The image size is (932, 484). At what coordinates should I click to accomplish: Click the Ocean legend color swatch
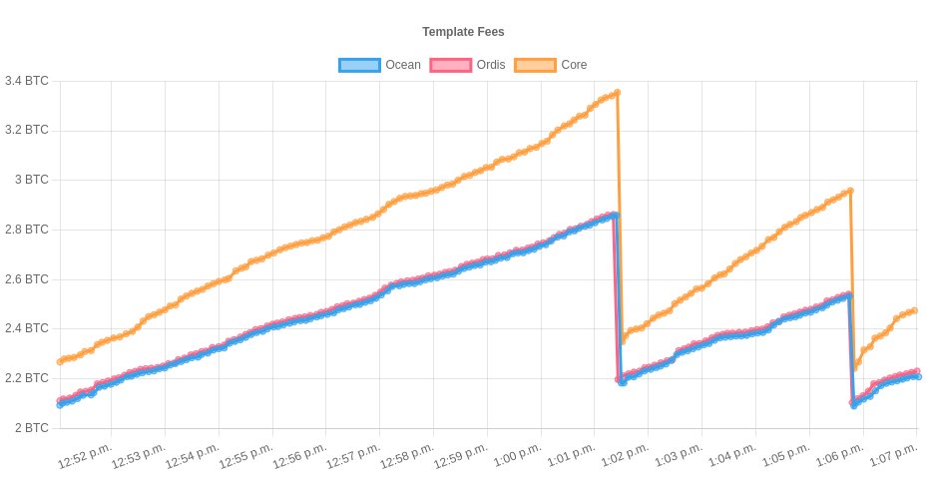pos(359,65)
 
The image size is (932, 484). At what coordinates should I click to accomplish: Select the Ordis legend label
pos(489,65)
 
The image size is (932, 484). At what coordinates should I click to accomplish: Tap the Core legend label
pos(573,65)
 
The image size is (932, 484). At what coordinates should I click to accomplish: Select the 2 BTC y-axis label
pos(32,428)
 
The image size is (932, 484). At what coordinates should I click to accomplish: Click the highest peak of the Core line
pos(618,93)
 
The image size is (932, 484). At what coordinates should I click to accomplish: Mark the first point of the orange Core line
pos(61,361)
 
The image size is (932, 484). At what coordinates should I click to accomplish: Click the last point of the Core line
pos(914,310)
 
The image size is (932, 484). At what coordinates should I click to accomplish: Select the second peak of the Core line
pos(849,191)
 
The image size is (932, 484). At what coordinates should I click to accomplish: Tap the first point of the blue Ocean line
pos(61,404)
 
